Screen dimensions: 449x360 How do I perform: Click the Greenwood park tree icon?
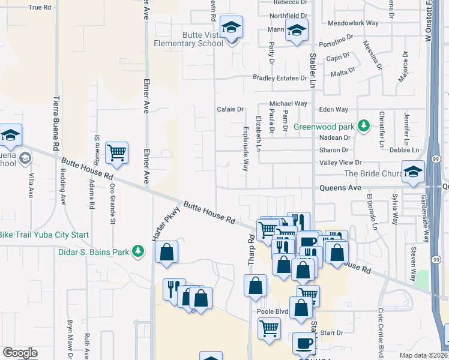coord(363,126)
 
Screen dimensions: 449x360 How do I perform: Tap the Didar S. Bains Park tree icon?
coord(138,251)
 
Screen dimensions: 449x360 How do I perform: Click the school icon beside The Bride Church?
coord(412,173)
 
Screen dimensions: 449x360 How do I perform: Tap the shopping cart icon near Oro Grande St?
coord(116,152)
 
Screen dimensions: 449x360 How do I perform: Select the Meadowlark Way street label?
coord(353,23)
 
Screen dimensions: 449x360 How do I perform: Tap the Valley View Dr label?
coord(341,163)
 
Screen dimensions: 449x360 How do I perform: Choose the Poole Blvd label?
coord(274,311)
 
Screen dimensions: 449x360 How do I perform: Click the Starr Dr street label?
coord(331,332)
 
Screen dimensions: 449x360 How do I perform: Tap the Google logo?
coord(20,353)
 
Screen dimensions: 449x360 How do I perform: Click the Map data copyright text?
coord(424,355)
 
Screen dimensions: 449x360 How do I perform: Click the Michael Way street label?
coord(288,104)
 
